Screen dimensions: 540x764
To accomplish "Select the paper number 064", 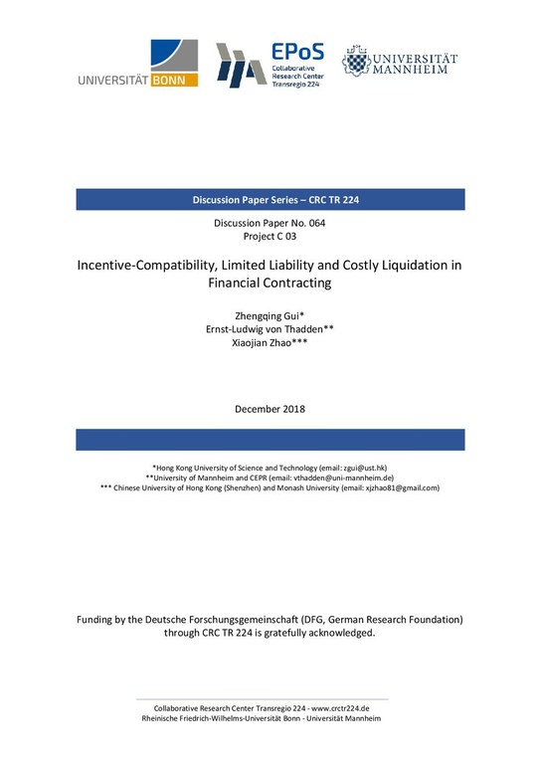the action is point(312,224).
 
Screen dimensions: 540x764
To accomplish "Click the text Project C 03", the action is point(270,238).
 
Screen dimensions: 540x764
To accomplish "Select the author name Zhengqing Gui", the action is point(268,316).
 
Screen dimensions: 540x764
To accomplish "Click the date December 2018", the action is point(270,409).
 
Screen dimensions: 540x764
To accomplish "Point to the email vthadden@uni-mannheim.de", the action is point(340,477).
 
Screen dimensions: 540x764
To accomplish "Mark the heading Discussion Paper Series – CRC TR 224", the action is point(270,200).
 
